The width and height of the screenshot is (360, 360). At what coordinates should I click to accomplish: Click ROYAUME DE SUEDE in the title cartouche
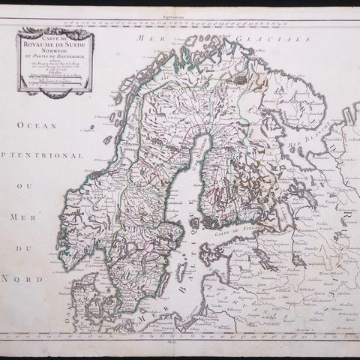[x=57, y=41]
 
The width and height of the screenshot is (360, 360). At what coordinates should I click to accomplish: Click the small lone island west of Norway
[x=90, y=127]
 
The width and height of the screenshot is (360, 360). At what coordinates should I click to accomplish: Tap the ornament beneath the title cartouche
[x=57, y=92]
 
